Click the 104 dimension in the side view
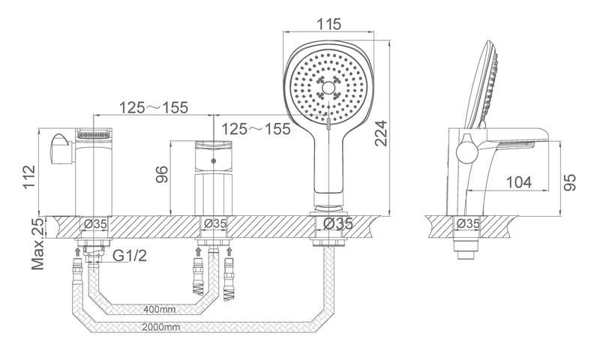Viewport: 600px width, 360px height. coord(518,181)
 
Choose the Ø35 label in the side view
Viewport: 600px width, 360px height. coord(469,223)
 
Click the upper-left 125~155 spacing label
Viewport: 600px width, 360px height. coord(154,107)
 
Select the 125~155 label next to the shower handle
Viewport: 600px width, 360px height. coord(256,129)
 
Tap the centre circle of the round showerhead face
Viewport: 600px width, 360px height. coord(327,89)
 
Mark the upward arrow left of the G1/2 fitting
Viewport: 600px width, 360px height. coord(77,251)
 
